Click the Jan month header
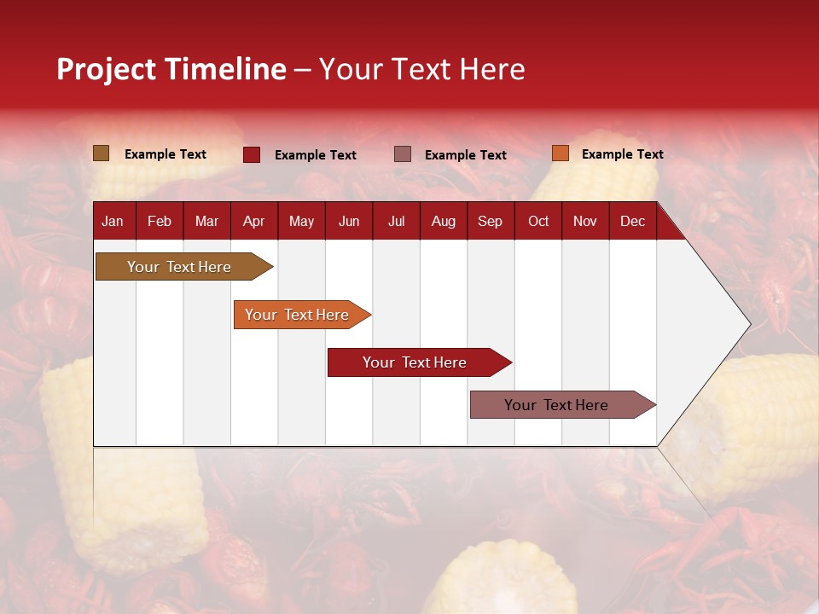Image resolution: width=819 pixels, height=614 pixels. [113, 221]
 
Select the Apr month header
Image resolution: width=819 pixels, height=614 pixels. [254, 221]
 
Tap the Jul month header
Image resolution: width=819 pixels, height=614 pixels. [396, 221]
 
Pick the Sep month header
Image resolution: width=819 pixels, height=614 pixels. [490, 221]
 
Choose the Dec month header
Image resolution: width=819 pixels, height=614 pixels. [632, 221]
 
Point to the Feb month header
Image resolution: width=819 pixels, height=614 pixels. [160, 221]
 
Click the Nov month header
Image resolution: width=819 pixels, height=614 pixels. [585, 221]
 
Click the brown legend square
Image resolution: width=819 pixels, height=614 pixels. [102, 153]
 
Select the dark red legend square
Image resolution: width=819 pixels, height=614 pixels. [252, 154]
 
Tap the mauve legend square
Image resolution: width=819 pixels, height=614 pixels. [403, 154]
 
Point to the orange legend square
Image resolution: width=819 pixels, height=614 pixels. [561, 153]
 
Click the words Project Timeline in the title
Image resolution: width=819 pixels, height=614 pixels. [171, 69]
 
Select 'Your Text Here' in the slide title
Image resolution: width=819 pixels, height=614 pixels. [422, 69]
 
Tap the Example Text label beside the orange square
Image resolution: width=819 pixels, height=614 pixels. [622, 154]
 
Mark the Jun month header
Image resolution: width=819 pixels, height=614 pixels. [349, 221]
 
